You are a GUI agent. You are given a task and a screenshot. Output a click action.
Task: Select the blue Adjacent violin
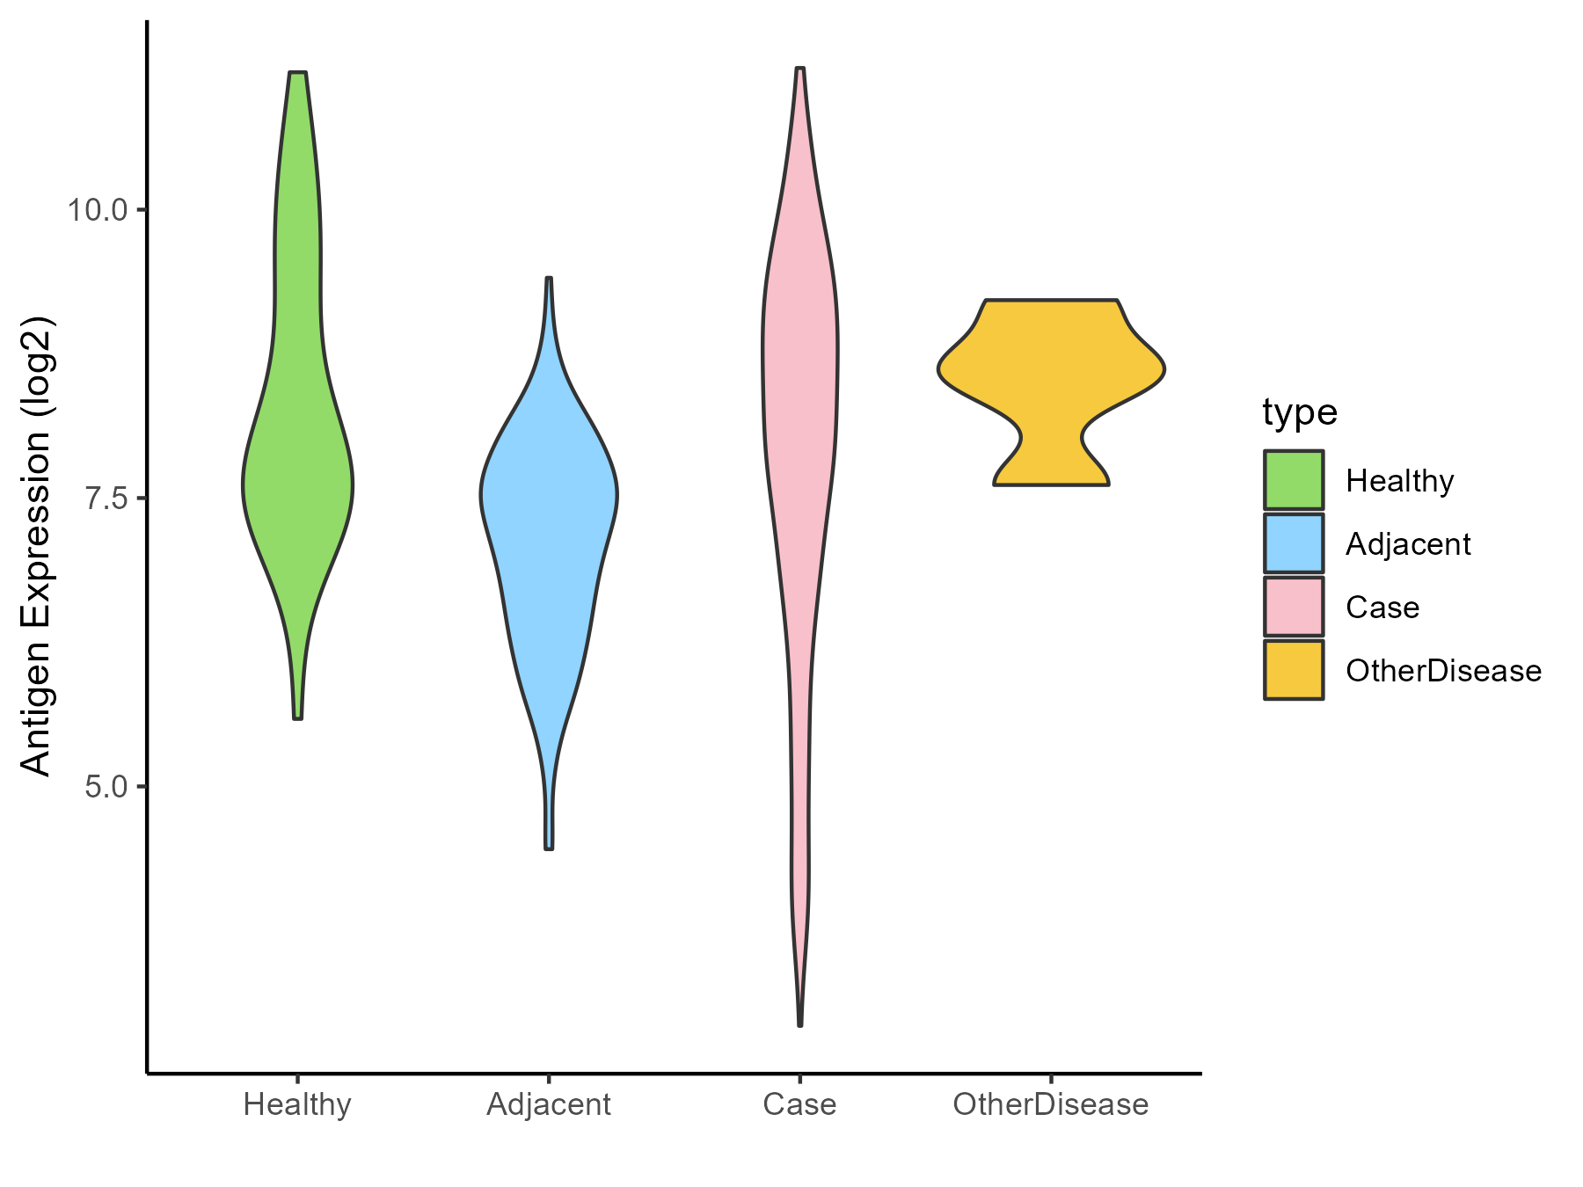pos(549,510)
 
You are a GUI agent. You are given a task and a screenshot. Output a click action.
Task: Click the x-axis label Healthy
pos(297,1104)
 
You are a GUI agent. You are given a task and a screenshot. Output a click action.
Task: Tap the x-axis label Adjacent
pos(549,1104)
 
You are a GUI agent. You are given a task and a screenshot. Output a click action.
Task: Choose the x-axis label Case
pos(800,1104)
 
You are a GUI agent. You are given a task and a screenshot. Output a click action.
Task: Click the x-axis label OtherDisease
pos(1051,1104)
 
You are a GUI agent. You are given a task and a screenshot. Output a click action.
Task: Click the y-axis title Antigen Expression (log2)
pos(37,545)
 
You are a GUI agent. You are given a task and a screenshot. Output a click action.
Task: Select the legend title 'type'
pos(1300,411)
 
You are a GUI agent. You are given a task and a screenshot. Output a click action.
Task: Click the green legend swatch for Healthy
pos(1294,480)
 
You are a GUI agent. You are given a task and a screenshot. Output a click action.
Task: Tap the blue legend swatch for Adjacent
pos(1294,543)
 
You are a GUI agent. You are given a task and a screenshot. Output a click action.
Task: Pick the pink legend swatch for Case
pos(1294,607)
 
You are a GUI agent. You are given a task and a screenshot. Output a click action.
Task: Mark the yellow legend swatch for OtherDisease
pos(1294,670)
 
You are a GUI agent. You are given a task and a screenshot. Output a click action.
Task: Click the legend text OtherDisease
pos(1443,671)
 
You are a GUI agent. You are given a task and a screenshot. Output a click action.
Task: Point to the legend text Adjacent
pos(1408,544)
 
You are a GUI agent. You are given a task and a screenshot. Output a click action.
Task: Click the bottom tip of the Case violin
pos(800,1023)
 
